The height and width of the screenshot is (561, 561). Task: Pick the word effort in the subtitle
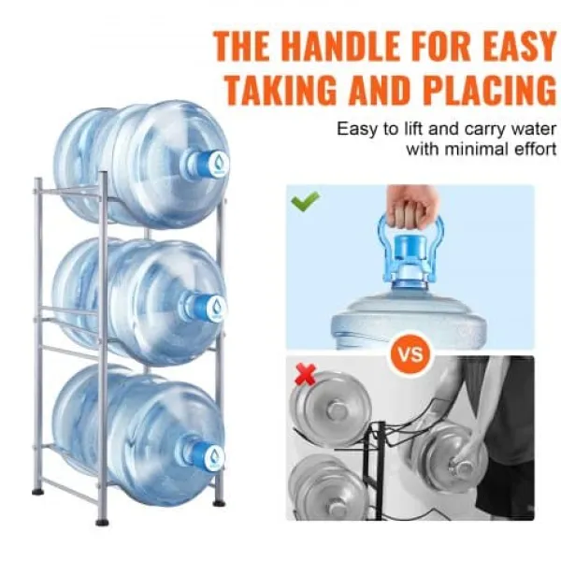(x=535, y=149)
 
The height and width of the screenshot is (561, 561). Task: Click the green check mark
(x=305, y=201)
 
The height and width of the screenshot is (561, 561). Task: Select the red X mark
(x=305, y=374)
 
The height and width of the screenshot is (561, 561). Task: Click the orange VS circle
(x=410, y=354)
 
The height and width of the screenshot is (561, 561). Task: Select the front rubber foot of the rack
(x=102, y=523)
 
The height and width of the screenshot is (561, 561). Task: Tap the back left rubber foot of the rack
(x=37, y=492)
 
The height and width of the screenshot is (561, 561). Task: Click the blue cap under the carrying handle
(x=410, y=246)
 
